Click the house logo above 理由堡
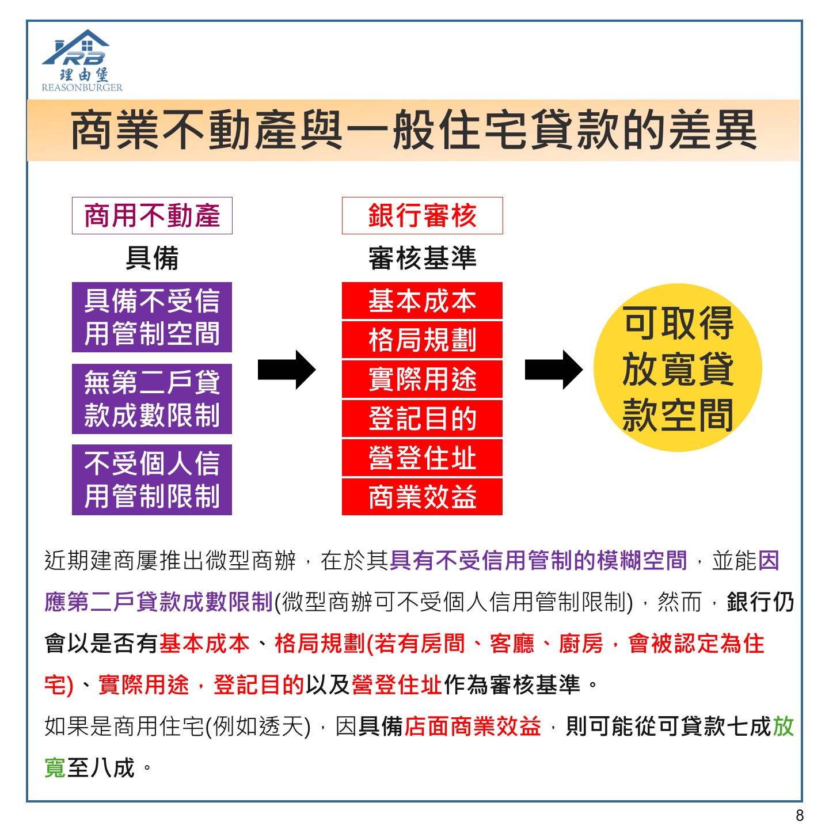(76, 47)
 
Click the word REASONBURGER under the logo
(82, 88)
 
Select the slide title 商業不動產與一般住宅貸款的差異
(413, 130)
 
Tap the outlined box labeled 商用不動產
(153, 215)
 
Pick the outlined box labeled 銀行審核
(422, 215)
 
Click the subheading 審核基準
(422, 258)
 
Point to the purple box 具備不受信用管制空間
(152, 317)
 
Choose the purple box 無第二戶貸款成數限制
(152, 398)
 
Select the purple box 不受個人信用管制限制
(152, 480)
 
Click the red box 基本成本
(422, 301)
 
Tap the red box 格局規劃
(422, 340)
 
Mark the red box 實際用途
(422, 379)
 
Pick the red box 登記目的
(422, 418)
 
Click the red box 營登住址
(422, 458)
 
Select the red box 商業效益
(422, 497)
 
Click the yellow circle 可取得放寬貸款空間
(678, 368)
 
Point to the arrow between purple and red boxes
(287, 370)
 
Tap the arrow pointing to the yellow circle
(554, 370)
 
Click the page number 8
(800, 815)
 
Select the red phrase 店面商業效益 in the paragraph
(473, 727)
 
